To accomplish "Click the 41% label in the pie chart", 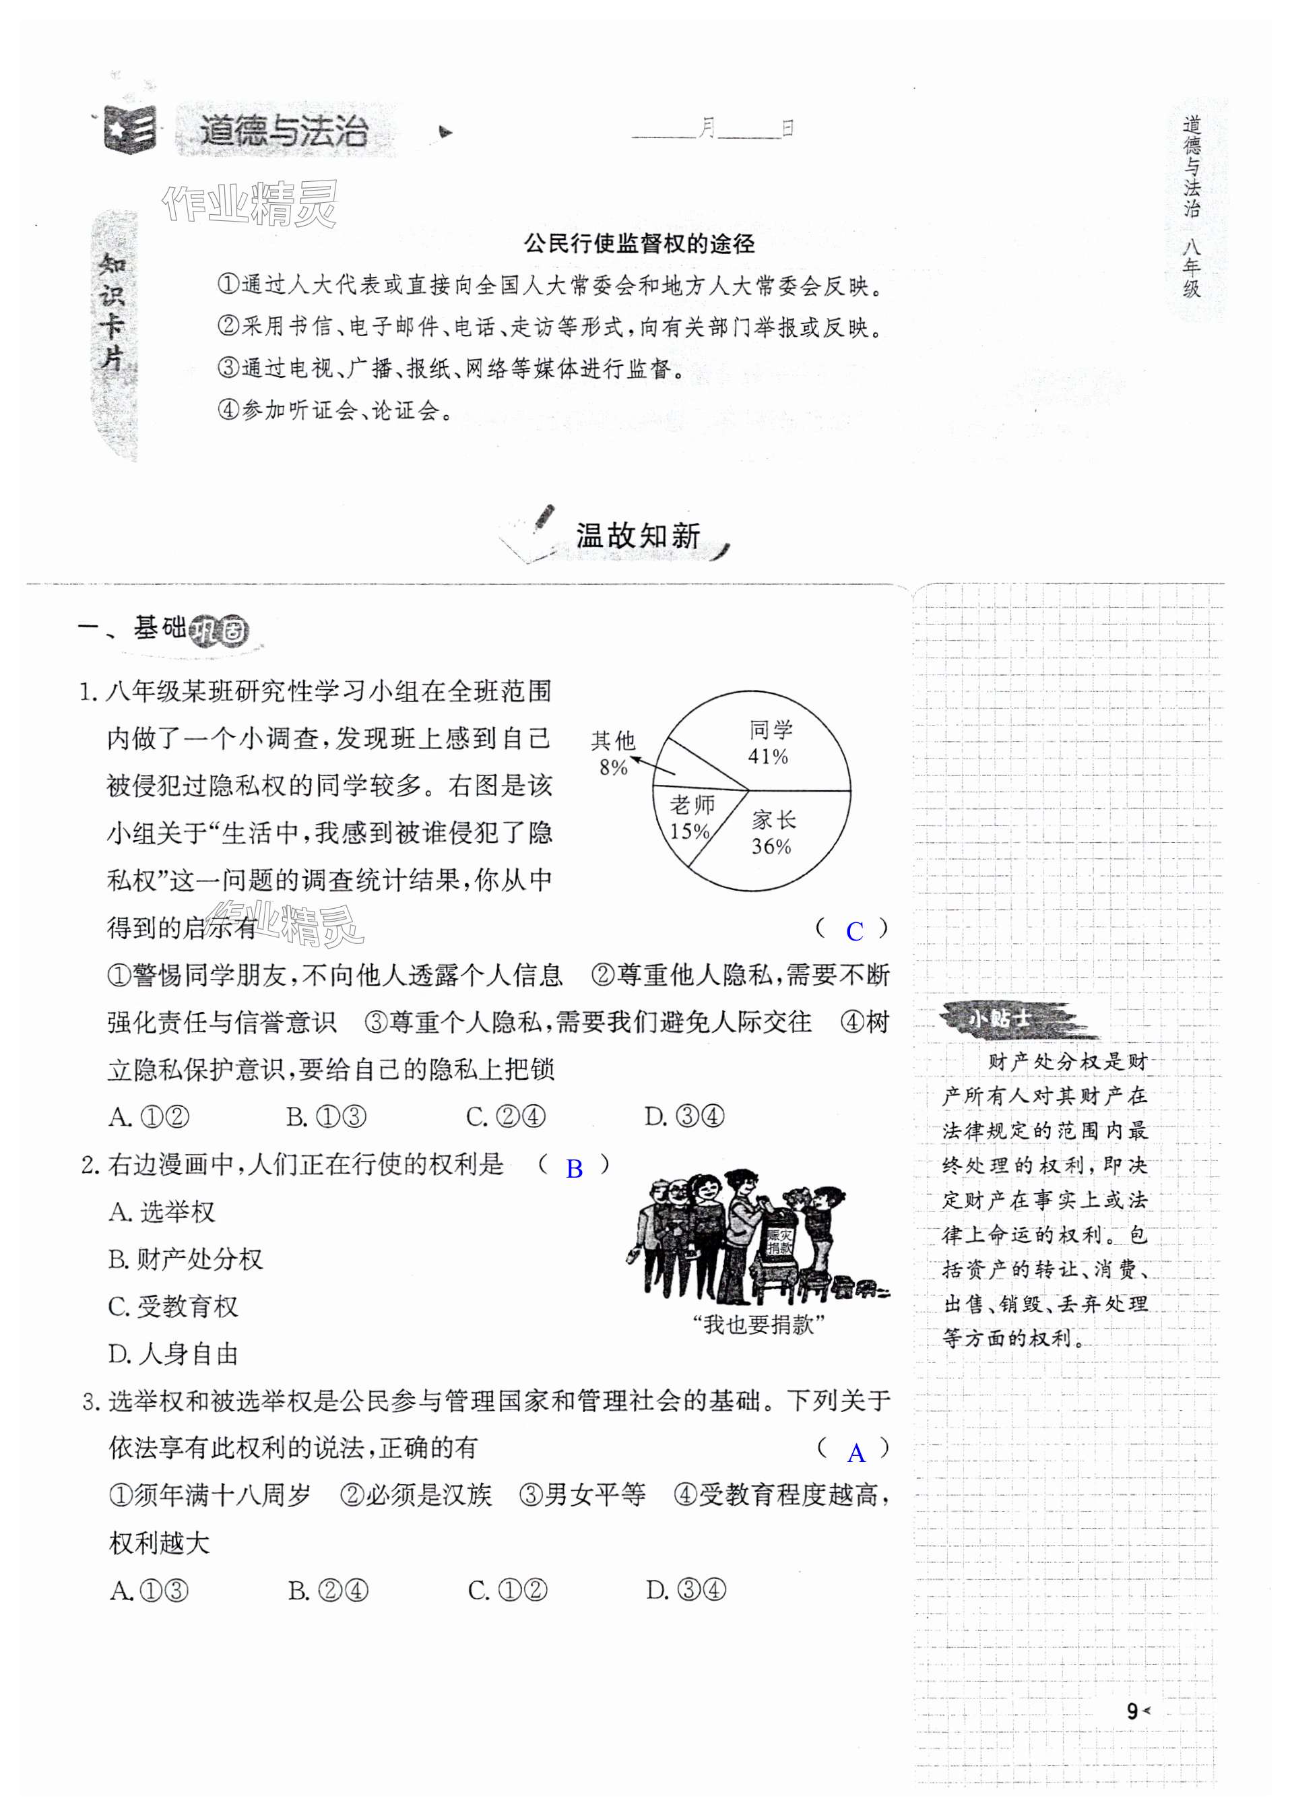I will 767,756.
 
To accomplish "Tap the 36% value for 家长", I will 771,847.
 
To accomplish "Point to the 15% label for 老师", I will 690,831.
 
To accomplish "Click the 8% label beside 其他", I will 613,767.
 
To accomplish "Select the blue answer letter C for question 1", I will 855,932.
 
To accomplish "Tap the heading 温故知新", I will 638,536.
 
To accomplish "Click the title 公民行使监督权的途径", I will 639,244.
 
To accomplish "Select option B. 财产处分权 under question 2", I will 185,1259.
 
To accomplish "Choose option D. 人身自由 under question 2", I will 173,1354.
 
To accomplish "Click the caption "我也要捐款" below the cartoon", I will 759,1324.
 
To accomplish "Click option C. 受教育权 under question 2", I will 173,1306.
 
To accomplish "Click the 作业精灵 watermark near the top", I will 249,204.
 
